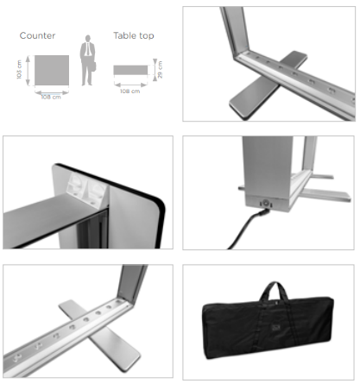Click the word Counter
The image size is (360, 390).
point(37,35)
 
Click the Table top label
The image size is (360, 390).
point(134,35)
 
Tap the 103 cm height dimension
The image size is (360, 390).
point(19,70)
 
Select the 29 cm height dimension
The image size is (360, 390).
point(160,70)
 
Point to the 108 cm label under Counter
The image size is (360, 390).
point(51,97)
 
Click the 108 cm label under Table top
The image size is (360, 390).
point(130,91)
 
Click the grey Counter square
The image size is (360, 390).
point(52,71)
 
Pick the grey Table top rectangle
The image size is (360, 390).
point(130,70)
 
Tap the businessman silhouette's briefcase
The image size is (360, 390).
point(93,66)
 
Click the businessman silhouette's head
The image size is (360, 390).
point(88,38)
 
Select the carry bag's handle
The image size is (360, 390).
point(274,291)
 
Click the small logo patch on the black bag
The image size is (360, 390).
point(275,328)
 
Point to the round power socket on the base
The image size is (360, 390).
point(266,204)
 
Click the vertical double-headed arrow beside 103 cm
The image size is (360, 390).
point(28,71)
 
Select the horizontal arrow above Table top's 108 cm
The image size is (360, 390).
point(131,85)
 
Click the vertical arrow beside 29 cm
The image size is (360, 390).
point(155,70)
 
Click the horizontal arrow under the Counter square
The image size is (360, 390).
point(52,92)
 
